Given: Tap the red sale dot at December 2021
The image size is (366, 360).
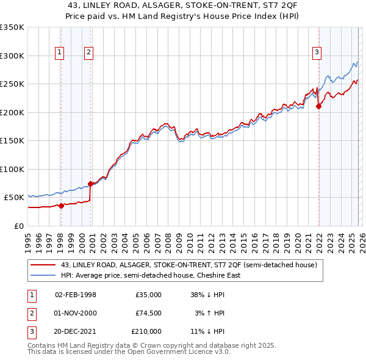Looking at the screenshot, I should [318, 106].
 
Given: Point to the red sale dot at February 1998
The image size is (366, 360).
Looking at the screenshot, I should [61, 206].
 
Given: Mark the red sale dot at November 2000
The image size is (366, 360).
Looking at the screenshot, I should [90, 183].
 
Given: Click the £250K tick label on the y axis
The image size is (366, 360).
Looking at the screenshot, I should [12, 84].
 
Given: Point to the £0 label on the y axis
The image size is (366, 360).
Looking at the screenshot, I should [18, 226].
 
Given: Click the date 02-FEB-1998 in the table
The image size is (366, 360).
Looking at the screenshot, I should [75, 295].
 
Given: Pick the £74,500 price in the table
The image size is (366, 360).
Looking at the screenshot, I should [148, 313].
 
